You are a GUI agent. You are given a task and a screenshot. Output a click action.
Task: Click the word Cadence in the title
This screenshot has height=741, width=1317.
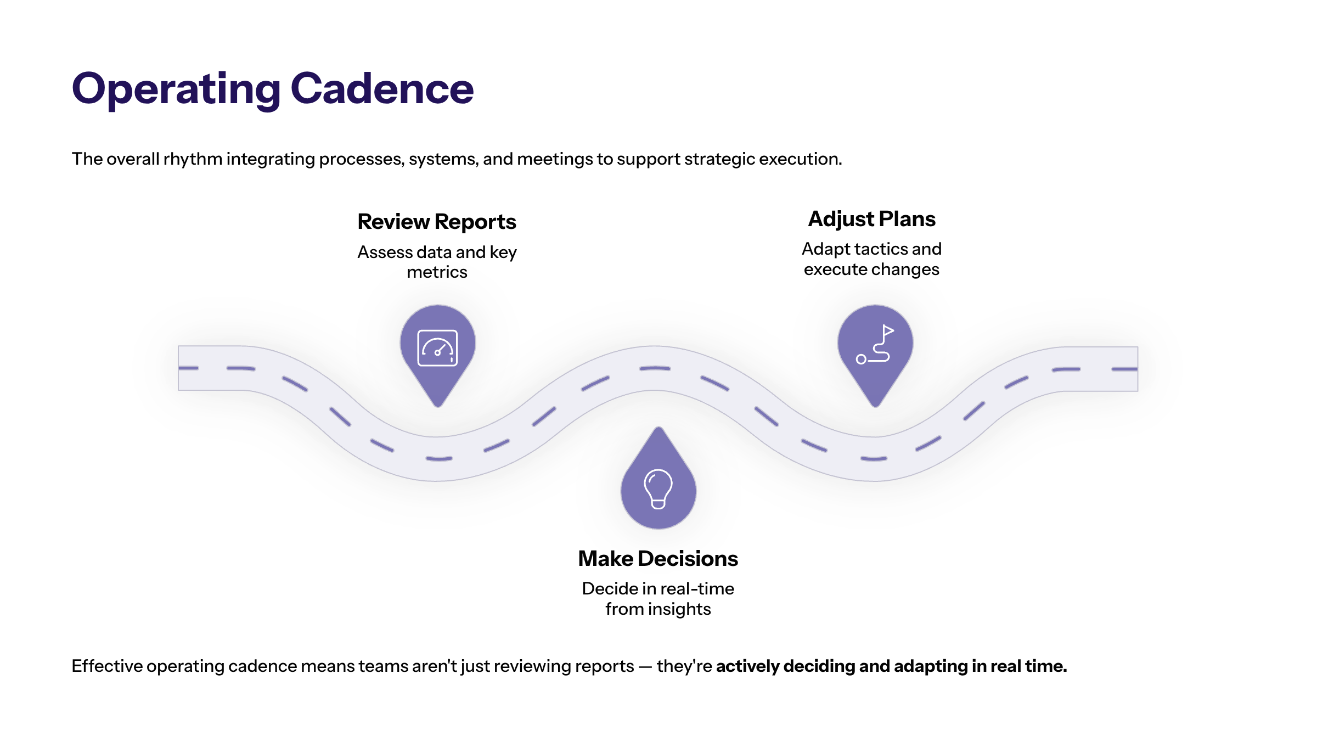coord(382,89)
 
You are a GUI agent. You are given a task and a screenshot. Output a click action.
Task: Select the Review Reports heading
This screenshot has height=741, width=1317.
coord(437,222)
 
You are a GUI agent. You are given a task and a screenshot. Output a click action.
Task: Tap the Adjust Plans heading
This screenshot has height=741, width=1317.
coord(871,219)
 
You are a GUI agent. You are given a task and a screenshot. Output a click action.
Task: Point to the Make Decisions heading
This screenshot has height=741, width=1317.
coord(658,559)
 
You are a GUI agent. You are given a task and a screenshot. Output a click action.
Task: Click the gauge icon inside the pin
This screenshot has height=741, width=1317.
coord(437,348)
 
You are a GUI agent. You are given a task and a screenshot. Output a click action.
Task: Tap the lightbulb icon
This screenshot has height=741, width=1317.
coord(658,489)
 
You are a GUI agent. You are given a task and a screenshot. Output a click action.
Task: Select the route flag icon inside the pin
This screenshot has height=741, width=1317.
coord(875,345)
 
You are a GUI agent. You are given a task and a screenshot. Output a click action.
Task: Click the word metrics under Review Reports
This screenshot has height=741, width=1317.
coord(437,272)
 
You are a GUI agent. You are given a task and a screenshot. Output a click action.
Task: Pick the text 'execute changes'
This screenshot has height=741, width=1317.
coord(871,270)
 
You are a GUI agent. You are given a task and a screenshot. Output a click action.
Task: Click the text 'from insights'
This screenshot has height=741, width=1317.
coord(658,609)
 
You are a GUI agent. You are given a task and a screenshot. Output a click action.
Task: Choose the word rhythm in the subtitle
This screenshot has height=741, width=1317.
coord(193,159)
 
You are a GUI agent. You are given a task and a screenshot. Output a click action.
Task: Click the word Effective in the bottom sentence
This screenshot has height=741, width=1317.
coord(107,666)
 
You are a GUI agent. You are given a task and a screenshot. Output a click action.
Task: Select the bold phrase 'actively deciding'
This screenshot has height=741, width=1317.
coord(785,666)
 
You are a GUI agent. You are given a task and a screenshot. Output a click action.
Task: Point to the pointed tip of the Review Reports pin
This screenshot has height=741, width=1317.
coord(437,405)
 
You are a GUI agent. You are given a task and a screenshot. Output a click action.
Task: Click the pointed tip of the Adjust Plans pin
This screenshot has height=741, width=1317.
coord(875,405)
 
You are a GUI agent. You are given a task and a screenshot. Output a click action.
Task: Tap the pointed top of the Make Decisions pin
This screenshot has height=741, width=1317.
coord(658,429)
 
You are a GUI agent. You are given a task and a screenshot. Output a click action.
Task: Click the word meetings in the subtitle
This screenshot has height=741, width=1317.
coord(555,159)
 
